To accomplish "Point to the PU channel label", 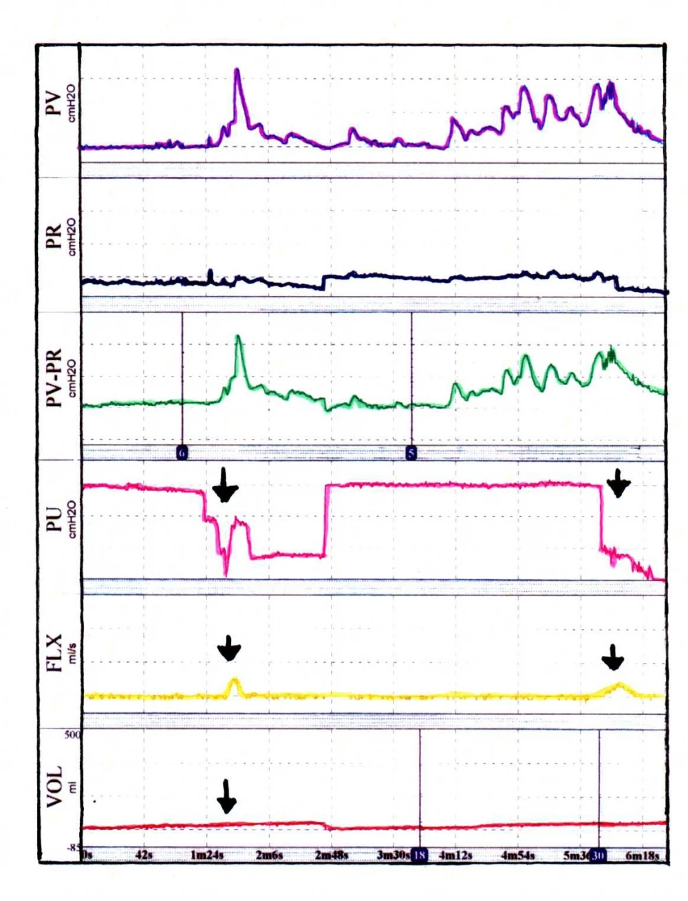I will click(53, 521).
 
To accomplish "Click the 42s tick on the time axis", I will click(145, 855).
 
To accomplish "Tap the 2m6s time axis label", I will click(268, 855).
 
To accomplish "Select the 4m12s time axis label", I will click(455, 855).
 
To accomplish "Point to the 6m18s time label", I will click(642, 855).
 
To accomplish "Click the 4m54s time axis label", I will click(518, 855).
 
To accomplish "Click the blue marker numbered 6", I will click(182, 453).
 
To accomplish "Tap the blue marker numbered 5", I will click(411, 453).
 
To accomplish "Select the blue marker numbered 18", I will click(420, 855).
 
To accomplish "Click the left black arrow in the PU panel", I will click(225, 486).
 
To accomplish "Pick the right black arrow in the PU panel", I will click(619, 484).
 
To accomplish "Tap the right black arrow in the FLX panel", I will click(612, 657).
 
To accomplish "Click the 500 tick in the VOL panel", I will click(72, 736).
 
